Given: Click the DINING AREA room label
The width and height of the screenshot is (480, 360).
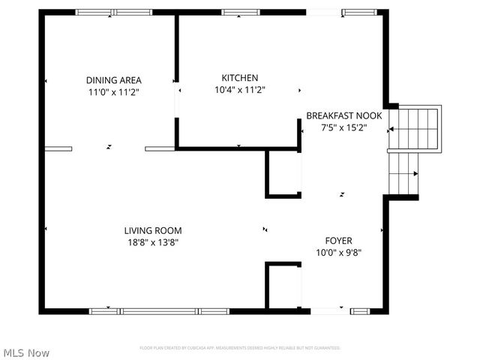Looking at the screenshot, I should (x=113, y=80).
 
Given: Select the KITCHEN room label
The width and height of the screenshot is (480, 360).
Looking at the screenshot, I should (x=240, y=77).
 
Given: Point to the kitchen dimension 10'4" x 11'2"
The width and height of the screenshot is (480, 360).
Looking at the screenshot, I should (x=240, y=89).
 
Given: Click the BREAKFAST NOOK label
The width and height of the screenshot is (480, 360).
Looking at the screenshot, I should (x=344, y=115).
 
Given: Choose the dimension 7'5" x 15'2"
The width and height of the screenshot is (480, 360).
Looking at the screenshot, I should (x=344, y=127).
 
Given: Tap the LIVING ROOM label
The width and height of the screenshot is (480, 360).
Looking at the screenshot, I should (x=153, y=230).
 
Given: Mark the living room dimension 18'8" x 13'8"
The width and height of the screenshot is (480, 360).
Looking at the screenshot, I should (x=153, y=242).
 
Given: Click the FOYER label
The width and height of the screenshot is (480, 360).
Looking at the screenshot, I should (x=338, y=241).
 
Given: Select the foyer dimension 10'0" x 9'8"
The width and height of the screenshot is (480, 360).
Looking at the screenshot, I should (x=338, y=253).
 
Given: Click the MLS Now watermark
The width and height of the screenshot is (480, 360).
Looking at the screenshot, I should (x=27, y=352).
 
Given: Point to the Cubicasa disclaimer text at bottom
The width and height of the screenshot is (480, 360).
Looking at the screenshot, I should (x=240, y=348).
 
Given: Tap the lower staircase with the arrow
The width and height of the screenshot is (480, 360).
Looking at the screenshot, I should (x=403, y=173).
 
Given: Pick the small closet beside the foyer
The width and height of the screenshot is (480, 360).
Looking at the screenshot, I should (x=284, y=286).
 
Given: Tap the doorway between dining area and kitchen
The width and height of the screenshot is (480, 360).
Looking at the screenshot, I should (x=177, y=100).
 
